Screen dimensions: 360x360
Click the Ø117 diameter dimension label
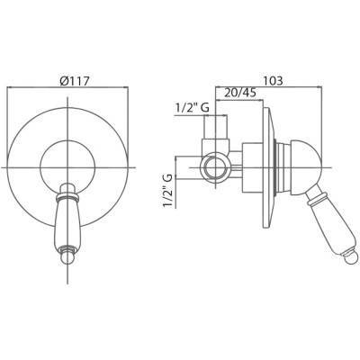[75, 81]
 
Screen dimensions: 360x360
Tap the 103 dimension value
[273, 81]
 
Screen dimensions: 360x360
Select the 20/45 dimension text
[240, 93]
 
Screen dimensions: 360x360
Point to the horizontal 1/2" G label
[193, 108]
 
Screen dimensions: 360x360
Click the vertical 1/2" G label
[168, 190]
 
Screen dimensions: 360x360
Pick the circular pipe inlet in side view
[215, 167]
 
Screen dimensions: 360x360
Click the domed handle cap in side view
[306, 167]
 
